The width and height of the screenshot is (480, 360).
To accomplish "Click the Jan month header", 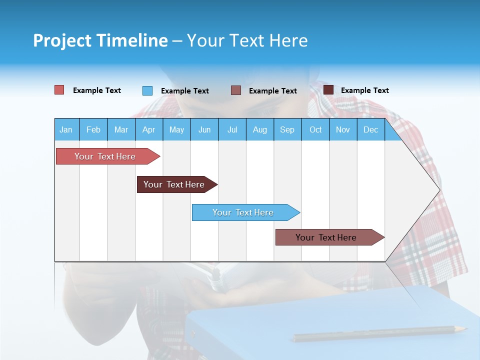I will [x=66, y=129].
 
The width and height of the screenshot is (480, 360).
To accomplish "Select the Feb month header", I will [x=93, y=129].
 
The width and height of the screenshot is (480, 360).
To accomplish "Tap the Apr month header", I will [x=149, y=129].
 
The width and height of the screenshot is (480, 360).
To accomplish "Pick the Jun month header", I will [x=204, y=129].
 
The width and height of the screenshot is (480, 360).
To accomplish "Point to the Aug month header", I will [x=260, y=129].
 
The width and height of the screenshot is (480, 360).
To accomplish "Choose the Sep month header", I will [x=287, y=129].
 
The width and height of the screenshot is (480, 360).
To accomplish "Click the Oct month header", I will [x=315, y=129].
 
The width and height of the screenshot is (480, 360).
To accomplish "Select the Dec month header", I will [x=371, y=129].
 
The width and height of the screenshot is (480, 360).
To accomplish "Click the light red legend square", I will [x=59, y=90].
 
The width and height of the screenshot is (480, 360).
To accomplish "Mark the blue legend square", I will [x=147, y=90].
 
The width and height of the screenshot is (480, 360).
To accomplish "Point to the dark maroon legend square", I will [x=328, y=90].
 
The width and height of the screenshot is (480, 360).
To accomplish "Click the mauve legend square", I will [x=236, y=90].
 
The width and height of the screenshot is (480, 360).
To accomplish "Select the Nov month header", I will [x=343, y=129].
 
